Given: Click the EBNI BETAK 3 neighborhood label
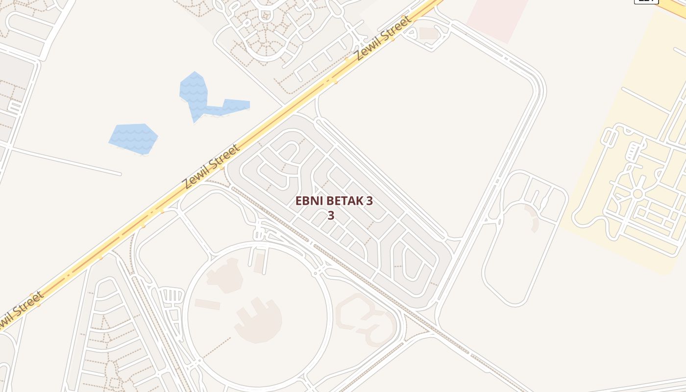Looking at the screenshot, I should point(334,201).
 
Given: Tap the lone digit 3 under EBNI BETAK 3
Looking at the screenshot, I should point(331,216).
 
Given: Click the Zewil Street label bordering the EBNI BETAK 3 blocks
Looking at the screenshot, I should point(211,167).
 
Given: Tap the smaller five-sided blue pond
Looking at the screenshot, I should point(134,139).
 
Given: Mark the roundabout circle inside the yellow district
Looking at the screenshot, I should point(637,194).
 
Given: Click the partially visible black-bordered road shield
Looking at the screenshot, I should point(646,1).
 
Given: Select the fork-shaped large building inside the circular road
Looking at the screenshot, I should point(259,320).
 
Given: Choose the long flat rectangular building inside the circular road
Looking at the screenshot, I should point(207,304).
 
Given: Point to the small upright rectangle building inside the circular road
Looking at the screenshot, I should point(259,263).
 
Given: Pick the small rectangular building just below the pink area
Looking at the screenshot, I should point(429,33).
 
